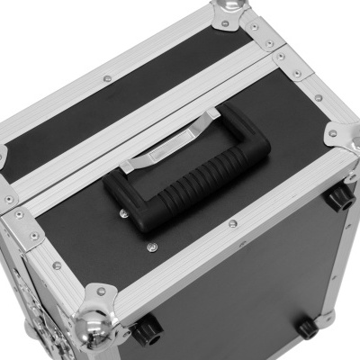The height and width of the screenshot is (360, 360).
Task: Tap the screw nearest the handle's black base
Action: [125, 213]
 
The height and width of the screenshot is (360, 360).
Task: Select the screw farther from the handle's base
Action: [152, 244]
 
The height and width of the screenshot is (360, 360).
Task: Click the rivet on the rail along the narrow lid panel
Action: [107, 79]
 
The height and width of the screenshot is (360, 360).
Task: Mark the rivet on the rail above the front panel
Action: [232, 223]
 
